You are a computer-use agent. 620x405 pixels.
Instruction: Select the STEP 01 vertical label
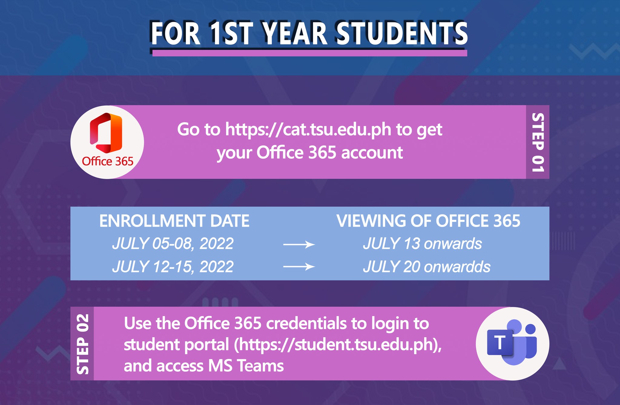point(538,142)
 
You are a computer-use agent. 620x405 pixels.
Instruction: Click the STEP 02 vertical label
point(83,344)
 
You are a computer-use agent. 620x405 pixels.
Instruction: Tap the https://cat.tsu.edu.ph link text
point(308,129)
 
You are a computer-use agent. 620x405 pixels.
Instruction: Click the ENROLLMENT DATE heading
point(174,221)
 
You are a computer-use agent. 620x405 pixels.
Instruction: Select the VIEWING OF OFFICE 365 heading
point(428,221)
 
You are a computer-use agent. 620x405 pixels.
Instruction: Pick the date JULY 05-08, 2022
point(173,244)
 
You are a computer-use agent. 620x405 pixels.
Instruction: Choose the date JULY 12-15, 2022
point(173,267)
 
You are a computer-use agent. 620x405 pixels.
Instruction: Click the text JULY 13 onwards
point(423,244)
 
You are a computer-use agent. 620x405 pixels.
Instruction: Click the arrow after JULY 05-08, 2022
point(299,244)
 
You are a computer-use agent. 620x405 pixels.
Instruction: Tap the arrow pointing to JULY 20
point(299,266)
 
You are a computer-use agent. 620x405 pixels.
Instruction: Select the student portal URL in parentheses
point(338,345)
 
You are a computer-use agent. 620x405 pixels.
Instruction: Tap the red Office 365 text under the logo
point(108,162)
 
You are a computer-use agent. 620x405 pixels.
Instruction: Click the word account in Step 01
point(372,152)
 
